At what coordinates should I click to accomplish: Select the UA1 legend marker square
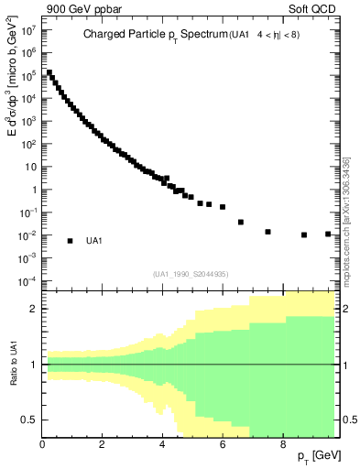(70, 241)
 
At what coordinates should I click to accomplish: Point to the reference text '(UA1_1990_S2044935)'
(191, 274)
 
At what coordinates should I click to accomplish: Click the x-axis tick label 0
(42, 444)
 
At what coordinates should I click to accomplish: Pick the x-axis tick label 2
(102, 444)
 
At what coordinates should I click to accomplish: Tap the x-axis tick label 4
(162, 444)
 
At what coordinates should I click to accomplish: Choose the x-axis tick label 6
(223, 444)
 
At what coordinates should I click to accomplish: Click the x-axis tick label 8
(282, 444)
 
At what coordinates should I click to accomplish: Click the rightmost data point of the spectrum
(328, 234)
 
